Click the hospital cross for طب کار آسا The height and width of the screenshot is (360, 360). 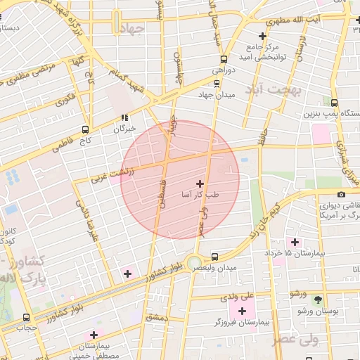coord(200,184)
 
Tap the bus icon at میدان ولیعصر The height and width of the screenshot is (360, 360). coord(214,258)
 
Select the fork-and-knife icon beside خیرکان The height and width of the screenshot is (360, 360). coord(124,118)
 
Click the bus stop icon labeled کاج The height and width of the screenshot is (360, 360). coord(85,130)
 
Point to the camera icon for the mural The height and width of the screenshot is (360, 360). coord(341,195)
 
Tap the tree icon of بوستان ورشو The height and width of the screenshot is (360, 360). coord(317,299)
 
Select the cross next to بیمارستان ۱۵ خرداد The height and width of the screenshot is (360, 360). coord(295,242)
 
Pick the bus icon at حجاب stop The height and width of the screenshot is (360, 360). coord(27,317)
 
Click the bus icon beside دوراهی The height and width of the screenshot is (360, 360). coord(224,59)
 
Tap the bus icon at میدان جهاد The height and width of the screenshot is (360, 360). coord(215,84)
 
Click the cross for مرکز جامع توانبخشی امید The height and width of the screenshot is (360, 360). coord(262,36)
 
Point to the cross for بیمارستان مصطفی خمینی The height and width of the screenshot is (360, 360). coord(94,335)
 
